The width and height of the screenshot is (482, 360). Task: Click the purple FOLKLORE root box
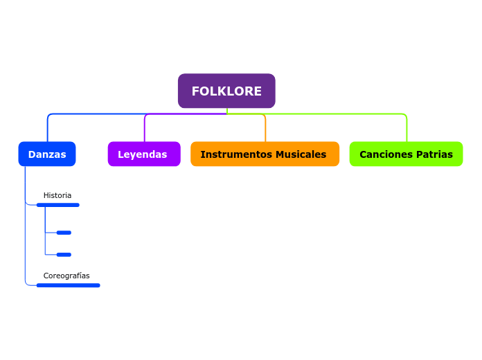(226, 91)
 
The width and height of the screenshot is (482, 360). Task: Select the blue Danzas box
(47, 154)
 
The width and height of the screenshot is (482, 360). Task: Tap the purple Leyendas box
(143, 154)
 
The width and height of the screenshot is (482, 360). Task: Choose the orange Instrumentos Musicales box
(265, 154)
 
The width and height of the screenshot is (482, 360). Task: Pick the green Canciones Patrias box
(406, 154)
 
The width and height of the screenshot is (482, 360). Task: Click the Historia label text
(57, 195)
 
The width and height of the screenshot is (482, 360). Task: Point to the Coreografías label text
(66, 276)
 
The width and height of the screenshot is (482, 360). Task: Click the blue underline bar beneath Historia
(58, 205)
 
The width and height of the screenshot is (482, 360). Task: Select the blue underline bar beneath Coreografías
(68, 285)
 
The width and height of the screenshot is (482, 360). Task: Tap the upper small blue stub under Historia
(64, 233)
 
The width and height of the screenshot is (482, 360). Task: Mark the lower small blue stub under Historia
(64, 255)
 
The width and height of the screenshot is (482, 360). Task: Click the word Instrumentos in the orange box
(231, 154)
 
